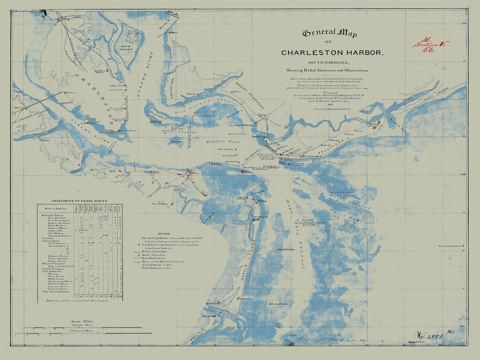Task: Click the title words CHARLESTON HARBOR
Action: pyautogui.click(x=332, y=52)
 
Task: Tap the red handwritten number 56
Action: pyautogui.click(x=428, y=50)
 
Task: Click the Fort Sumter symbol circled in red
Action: pyautogui.click(x=243, y=171)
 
